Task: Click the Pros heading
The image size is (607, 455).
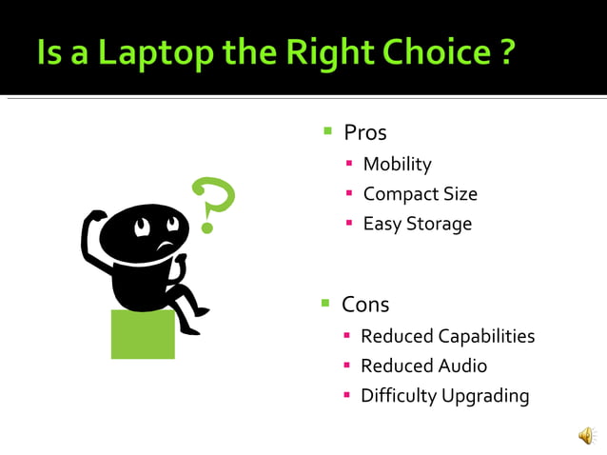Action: tap(364, 132)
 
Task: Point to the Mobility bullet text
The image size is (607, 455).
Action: tap(397, 164)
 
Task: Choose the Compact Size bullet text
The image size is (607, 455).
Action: tap(420, 194)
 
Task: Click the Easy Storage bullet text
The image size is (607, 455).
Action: tap(417, 225)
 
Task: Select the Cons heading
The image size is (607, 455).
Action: tap(365, 305)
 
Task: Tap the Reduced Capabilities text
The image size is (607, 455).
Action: tap(447, 336)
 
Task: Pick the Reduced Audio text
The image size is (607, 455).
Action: tap(423, 366)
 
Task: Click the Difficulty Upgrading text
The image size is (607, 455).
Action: tap(444, 396)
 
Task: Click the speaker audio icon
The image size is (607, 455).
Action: tap(586, 436)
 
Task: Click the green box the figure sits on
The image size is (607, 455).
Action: tap(143, 334)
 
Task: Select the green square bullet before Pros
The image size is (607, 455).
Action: tap(327, 130)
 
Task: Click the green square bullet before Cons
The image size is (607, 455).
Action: tap(325, 303)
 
